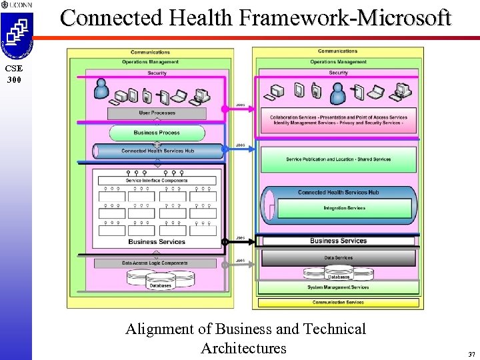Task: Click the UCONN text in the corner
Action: [x=20, y=5]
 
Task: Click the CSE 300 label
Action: [x=15, y=74]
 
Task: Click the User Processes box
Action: [x=157, y=113]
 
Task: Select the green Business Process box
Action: [x=157, y=133]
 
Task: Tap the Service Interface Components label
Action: [x=157, y=181]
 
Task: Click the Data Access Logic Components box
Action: [x=155, y=263]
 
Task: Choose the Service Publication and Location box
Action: [x=338, y=159]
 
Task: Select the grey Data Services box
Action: [x=338, y=258]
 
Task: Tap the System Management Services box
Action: [x=338, y=287]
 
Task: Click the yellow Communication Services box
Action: [x=338, y=302]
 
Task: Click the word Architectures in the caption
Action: [x=243, y=348]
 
